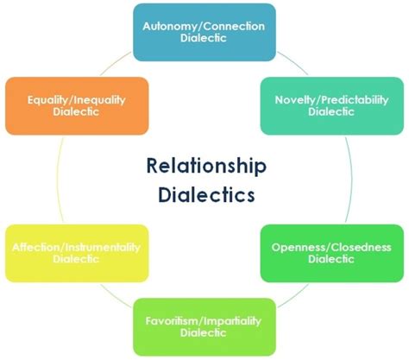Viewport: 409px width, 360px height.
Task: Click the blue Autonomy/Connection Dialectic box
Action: pyautogui.click(x=205, y=31)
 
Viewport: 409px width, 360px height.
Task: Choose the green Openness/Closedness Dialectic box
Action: pyautogui.click(x=330, y=254)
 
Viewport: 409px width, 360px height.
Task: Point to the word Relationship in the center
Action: pyautogui.click(x=206, y=165)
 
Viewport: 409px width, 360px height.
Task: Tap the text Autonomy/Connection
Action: pyautogui.click(x=205, y=26)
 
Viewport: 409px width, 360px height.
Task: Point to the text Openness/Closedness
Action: pyautogui.click(x=331, y=248)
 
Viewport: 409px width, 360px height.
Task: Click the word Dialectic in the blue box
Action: pyautogui.click(x=205, y=39)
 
